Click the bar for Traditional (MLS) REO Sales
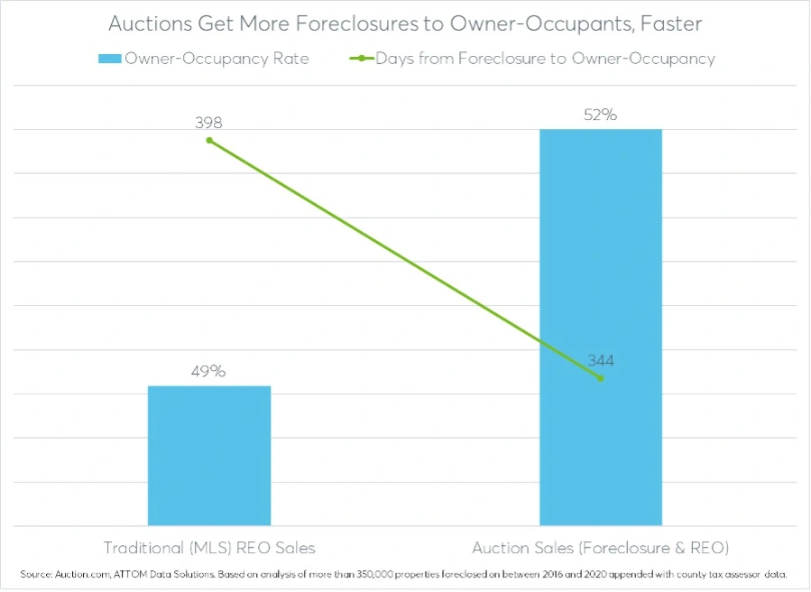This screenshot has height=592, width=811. (x=209, y=456)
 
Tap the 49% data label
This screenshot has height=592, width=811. (x=209, y=372)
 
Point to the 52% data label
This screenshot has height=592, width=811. (x=601, y=116)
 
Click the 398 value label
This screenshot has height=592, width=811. (x=208, y=123)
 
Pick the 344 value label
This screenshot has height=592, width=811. (x=601, y=361)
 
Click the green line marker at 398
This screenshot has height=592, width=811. (x=209, y=140)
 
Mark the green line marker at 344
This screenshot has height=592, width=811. (x=601, y=378)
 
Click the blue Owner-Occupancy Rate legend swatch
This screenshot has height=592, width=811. (x=110, y=59)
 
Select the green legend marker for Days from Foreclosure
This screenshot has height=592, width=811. (x=361, y=59)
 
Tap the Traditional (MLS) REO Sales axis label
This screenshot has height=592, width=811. (x=209, y=548)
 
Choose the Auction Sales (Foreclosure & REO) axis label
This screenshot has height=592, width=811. (x=601, y=548)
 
